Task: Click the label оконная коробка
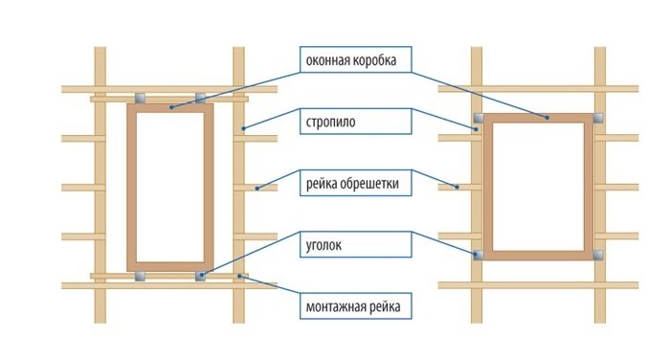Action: pyautogui.click(x=350, y=60)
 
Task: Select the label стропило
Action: pyautogui.click(x=330, y=122)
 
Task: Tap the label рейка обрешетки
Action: pyautogui.click(x=352, y=184)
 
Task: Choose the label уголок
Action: pyautogui.click(x=323, y=245)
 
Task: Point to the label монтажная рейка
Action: pyautogui.click(x=353, y=306)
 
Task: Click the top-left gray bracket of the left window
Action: pyautogui.click(x=140, y=99)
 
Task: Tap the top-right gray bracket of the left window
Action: pyautogui.click(x=200, y=99)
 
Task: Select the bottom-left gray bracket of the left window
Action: pyautogui.click(x=140, y=276)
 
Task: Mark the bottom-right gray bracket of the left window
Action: pyautogui.click(x=200, y=276)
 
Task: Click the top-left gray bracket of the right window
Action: pyautogui.click(x=479, y=118)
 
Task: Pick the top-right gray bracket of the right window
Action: pyautogui.click(x=598, y=118)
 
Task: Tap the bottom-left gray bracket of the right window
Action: pyautogui.click(x=479, y=255)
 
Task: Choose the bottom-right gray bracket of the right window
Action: pyautogui.click(x=598, y=255)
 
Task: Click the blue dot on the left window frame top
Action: pyautogui.click(x=171, y=107)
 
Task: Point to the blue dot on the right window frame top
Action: pyautogui.click(x=546, y=118)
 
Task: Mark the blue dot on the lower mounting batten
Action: pyautogui.click(x=239, y=276)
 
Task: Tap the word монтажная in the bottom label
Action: pyautogui.click(x=335, y=306)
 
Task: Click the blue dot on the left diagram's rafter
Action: pyautogui.click(x=243, y=127)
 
